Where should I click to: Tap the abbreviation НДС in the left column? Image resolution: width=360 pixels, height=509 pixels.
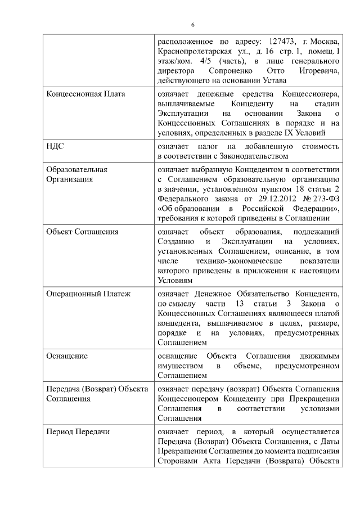point(55,146)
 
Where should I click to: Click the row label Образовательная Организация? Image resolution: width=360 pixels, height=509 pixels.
point(76,174)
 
